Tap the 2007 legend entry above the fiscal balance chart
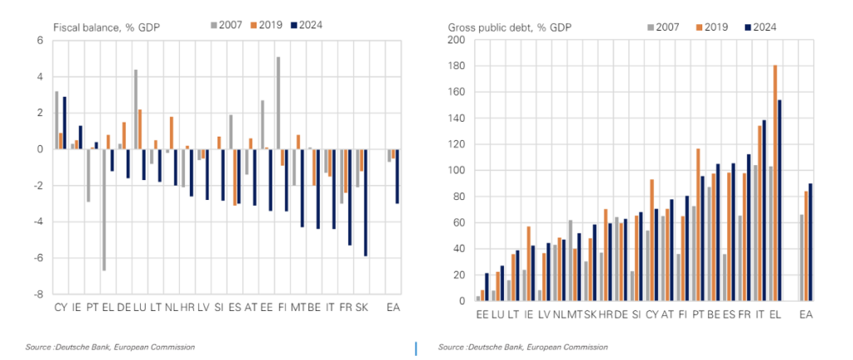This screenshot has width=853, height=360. tap(224, 25)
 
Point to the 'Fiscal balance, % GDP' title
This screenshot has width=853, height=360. tap(106, 27)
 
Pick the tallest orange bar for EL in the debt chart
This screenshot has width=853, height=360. tap(776, 182)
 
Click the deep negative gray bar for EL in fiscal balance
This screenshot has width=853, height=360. tap(103, 210)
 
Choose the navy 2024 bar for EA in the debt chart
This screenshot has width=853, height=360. tap(811, 242)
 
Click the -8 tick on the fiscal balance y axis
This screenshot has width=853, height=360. tap(37, 294)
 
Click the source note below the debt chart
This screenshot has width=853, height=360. tap(523, 347)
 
